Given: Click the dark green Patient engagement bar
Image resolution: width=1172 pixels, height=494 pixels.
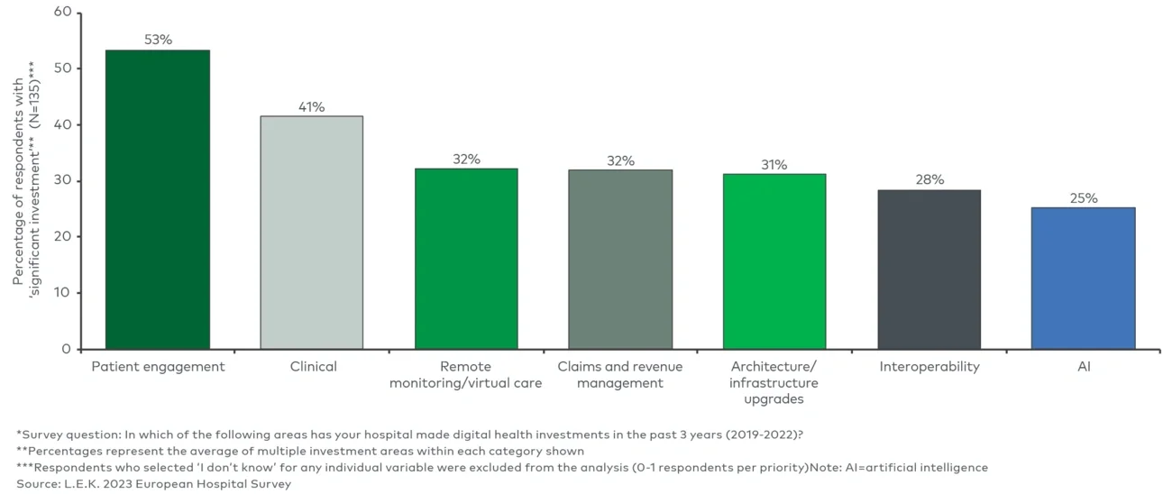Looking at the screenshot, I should click(158, 199).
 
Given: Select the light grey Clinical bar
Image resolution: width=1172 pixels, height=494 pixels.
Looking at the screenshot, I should click(312, 233).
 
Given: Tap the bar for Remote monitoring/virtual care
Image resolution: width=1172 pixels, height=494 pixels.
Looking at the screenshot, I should click(466, 259).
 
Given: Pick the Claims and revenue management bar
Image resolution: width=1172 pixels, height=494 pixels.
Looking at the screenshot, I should click(620, 260).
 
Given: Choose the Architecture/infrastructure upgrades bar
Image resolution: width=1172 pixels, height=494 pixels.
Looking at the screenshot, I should click(774, 261).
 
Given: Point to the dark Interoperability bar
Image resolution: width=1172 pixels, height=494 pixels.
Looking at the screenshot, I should click(929, 270).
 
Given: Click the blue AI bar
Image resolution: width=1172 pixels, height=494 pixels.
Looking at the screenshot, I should click(1083, 278).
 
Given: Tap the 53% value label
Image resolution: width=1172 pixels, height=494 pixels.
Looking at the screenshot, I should click(158, 40).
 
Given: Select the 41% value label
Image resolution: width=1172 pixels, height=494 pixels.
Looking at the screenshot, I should click(312, 106).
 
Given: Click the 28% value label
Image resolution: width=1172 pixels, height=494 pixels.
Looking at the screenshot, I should click(929, 179).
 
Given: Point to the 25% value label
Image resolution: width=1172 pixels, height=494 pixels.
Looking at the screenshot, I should click(1084, 197).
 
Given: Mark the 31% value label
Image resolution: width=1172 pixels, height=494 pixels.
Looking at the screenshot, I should click(774, 164).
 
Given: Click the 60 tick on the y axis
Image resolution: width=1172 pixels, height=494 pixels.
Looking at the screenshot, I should click(63, 13).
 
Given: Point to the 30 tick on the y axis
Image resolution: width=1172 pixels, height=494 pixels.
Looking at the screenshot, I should click(63, 180).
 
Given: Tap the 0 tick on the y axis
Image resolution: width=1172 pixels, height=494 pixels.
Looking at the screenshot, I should click(66, 349).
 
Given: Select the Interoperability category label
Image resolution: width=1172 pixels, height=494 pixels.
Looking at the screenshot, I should click(929, 367).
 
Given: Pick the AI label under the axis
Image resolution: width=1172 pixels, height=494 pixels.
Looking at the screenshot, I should click(1084, 367).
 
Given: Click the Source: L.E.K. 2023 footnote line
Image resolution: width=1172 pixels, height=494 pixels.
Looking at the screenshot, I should click(154, 484).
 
